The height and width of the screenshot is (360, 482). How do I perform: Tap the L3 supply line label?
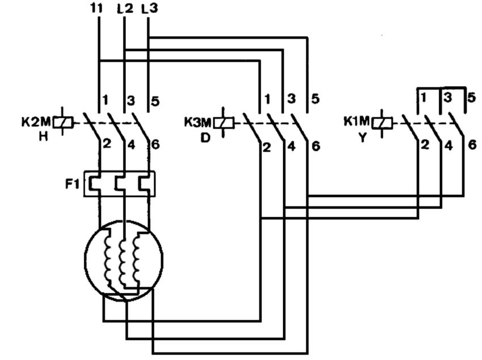point(150,9)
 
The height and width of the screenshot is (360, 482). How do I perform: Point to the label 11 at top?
point(97,9)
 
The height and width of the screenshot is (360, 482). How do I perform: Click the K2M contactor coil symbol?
point(67,122)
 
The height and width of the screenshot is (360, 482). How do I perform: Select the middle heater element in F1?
point(124,183)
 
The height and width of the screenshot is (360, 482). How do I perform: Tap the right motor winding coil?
point(137,259)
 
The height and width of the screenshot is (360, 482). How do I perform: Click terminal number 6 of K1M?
point(472,145)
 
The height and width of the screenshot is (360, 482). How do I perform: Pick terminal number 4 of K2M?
point(131,145)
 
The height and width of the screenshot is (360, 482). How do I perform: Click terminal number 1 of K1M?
point(424,98)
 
